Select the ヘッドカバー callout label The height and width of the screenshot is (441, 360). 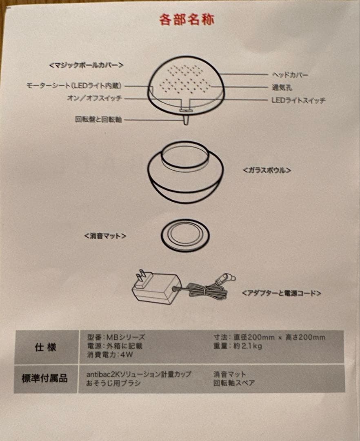pos(290,75)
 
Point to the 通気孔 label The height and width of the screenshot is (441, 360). pos(282,87)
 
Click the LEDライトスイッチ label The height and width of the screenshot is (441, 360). pos(298,100)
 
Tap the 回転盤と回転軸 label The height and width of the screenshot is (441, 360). pos(98,120)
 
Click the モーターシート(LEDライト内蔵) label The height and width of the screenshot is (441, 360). pos(74,86)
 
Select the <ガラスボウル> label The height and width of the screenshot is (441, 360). pos(267,170)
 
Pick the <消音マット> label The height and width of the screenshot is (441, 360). pos(105,236)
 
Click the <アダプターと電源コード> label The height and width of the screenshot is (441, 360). pos(281,293)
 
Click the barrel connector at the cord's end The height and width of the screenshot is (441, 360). pos(229,278)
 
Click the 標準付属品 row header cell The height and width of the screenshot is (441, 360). pos(44,379)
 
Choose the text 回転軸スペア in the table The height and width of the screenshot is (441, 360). pos(233,383)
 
